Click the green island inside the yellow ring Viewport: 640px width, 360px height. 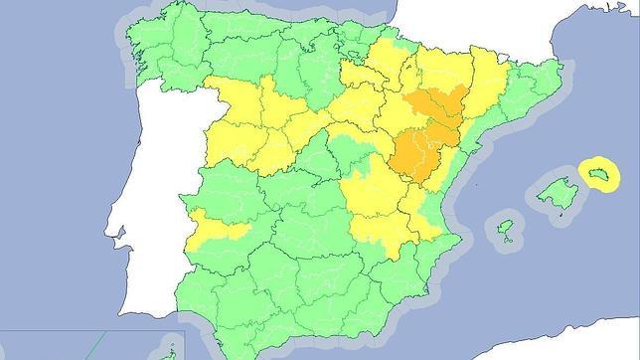[x=600, y=176]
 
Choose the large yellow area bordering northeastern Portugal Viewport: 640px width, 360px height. [x=243, y=124]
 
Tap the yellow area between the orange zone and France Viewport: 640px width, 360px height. [x=447, y=70]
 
